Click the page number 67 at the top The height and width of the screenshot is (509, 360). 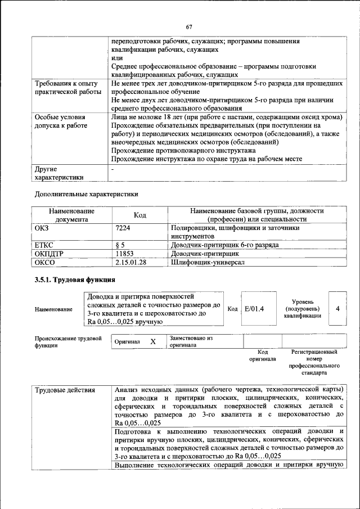tap(189, 27)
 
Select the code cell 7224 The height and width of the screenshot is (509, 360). tap(123, 228)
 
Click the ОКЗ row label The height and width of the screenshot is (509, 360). tap(43, 228)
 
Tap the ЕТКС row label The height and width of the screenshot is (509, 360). tap(44, 245)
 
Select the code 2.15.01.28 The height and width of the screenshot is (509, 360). tap(130, 262)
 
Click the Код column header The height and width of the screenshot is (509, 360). tap(140, 215)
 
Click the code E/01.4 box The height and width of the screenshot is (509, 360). tap(255, 309)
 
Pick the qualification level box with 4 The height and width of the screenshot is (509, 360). tap(337, 309)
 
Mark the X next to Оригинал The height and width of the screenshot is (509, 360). tap(152, 341)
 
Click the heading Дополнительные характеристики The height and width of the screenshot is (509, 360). tap(86, 194)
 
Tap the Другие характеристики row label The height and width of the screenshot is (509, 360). tap(59, 173)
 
